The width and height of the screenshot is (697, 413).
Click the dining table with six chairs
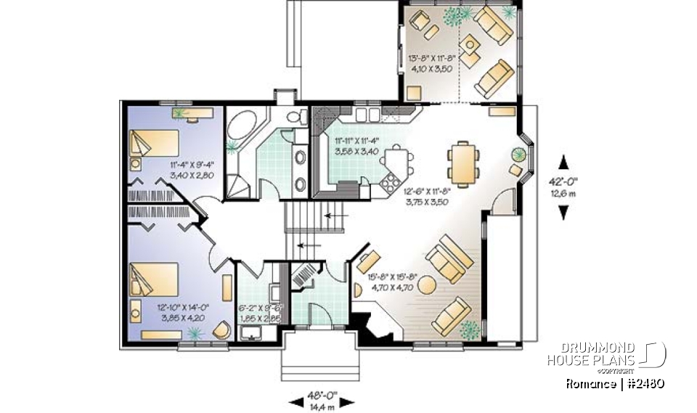click(462, 163)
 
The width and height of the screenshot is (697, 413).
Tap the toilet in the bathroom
click(295, 118)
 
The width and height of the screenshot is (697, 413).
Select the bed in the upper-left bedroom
click(154, 142)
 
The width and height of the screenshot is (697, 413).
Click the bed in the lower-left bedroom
click(153, 279)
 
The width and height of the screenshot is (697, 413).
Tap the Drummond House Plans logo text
click(602, 353)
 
